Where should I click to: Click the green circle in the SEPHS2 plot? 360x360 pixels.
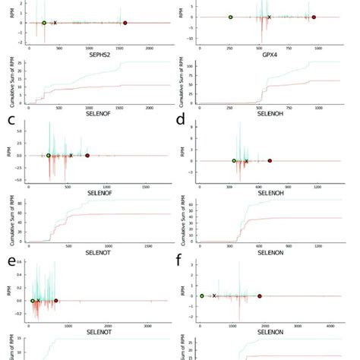pyautogui.click(x=44, y=23)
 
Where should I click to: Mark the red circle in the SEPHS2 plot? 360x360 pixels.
pyautogui.click(x=125, y=23)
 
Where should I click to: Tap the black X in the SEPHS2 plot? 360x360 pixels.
pyautogui.click(x=55, y=23)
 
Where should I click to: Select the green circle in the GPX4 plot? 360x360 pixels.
pyautogui.click(x=230, y=17)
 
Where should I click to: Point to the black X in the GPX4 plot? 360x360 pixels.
pyautogui.click(x=269, y=17)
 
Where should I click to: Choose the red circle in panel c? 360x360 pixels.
pyautogui.click(x=87, y=156)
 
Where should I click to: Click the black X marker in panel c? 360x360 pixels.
pyautogui.click(x=71, y=156)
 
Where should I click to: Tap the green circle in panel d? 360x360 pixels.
pyautogui.click(x=234, y=161)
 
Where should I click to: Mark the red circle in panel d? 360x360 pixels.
pyautogui.click(x=270, y=161)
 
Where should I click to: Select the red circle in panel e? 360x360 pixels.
pyautogui.click(x=56, y=301)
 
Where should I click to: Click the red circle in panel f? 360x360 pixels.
pyautogui.click(x=260, y=296)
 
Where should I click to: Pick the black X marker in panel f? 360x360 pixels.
pyautogui.click(x=214, y=296)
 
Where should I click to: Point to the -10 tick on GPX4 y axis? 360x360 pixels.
pyautogui.click(x=191, y=39)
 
